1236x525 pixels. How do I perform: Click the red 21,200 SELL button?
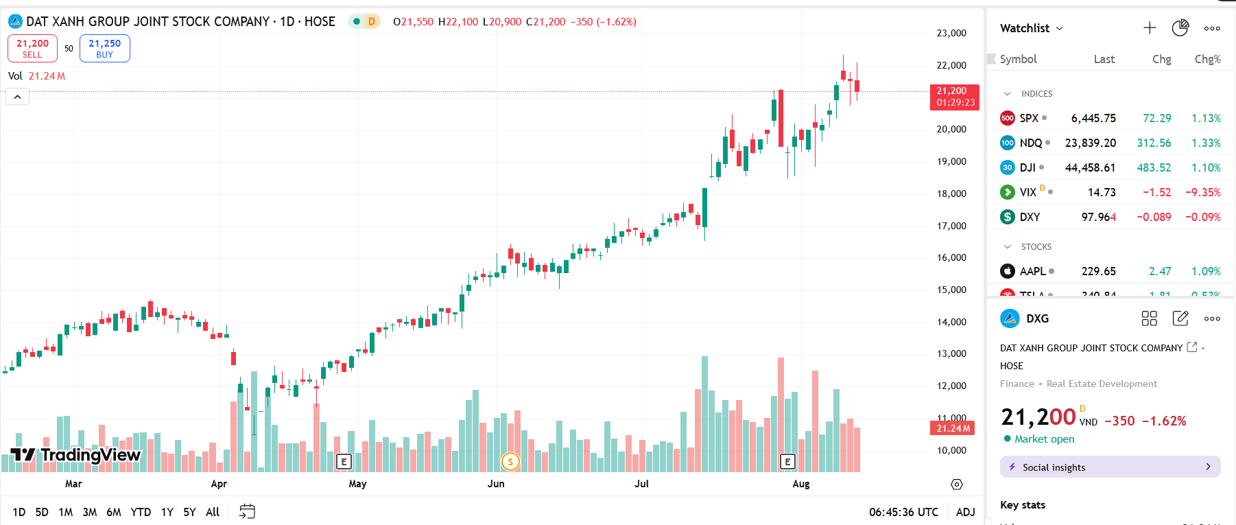32,48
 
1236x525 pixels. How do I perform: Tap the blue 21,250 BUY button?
104,48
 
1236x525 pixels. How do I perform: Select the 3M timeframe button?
89,512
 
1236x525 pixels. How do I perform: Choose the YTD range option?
141,512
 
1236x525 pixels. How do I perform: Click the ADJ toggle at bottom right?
965,512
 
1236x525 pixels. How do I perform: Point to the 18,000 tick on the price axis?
951,194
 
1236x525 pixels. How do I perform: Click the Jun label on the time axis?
496,484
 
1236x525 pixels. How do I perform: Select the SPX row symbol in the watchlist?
1029,118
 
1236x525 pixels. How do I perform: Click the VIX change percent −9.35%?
1203,192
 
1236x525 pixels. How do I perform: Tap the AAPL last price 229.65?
1098,271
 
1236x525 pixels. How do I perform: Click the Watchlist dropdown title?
1031,28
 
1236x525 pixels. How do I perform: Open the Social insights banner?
1110,467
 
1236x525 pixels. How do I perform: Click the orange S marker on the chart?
510,462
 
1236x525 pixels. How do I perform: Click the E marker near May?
344,462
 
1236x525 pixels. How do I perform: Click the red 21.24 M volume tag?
953,428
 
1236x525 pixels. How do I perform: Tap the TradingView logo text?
90,455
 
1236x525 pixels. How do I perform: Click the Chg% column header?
1207,59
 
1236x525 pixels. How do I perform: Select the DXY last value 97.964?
1098,217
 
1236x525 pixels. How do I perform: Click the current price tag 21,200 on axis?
954,96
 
